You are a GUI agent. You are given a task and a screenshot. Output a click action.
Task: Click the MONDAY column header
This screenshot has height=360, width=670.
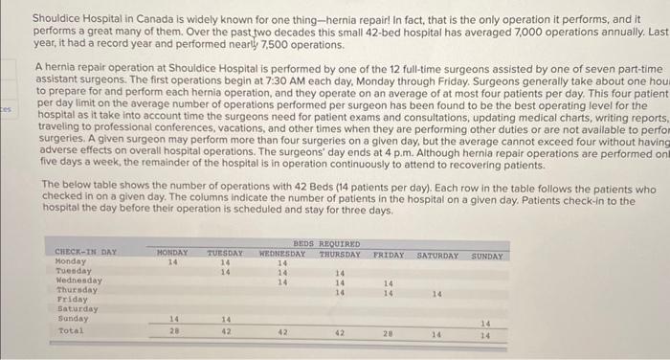click(172, 253)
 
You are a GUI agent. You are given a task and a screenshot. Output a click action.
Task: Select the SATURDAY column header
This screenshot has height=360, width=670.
click(439, 256)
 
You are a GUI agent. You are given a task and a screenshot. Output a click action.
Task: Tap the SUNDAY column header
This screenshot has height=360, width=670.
click(487, 256)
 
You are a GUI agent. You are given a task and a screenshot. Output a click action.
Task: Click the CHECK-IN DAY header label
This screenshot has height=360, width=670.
click(87, 253)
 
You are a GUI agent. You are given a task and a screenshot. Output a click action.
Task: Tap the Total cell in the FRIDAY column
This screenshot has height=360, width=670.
click(389, 333)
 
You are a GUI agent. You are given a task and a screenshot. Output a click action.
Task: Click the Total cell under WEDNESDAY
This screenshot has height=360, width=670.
click(282, 332)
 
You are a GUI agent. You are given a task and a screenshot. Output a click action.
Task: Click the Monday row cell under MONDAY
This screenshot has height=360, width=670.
click(173, 260)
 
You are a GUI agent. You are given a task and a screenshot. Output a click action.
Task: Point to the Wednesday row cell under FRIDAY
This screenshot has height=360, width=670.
click(389, 284)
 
